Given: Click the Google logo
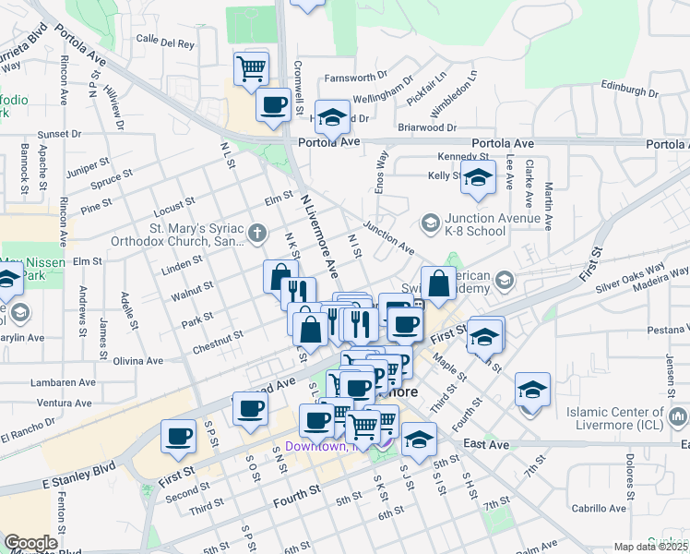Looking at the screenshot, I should tap(30, 543).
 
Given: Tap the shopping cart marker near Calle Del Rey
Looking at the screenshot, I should tap(251, 67).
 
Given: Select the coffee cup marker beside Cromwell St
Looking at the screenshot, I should tap(273, 105).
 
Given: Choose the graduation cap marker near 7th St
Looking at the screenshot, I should tap(532, 389).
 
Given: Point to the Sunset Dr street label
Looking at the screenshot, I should tap(59, 134).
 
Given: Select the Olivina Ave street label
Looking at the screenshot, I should tap(139, 361).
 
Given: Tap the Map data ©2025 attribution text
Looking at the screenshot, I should tap(650, 547).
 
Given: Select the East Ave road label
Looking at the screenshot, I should tap(487, 444).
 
